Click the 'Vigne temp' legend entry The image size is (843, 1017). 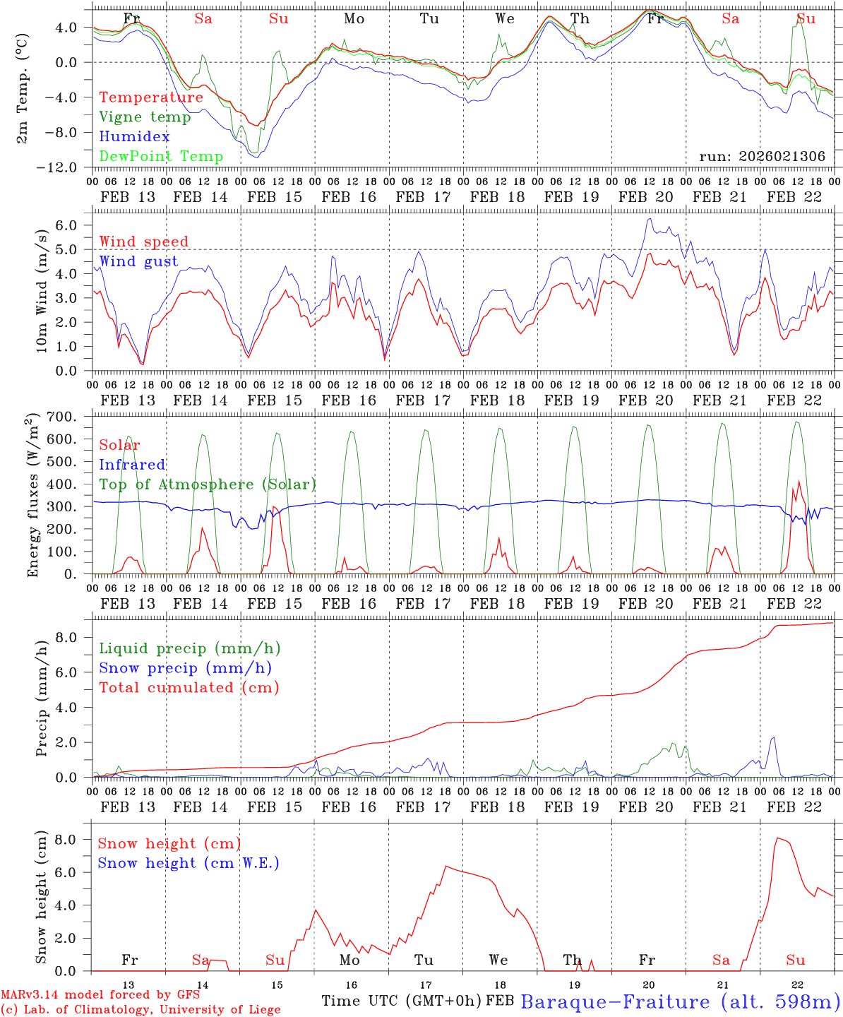coord(145,117)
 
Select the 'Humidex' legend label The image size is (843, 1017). coord(134,137)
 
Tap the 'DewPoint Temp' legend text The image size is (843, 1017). coord(161,157)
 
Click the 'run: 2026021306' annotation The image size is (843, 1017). coord(762,157)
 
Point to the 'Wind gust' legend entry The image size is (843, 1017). coord(138,261)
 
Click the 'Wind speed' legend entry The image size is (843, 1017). coord(143,242)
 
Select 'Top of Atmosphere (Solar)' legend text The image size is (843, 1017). coord(208,484)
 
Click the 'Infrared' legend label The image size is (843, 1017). coord(132,465)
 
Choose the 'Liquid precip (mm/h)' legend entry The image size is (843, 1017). coord(190,648)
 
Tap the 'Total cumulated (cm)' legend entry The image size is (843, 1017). coord(189,688)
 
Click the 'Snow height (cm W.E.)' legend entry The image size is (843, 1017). coord(189,863)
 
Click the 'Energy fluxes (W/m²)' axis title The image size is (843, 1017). coord(32,496)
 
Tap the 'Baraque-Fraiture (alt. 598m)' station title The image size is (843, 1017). coord(681,1001)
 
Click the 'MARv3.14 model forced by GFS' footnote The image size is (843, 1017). coord(100,995)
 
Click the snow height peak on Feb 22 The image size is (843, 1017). coord(777,838)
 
